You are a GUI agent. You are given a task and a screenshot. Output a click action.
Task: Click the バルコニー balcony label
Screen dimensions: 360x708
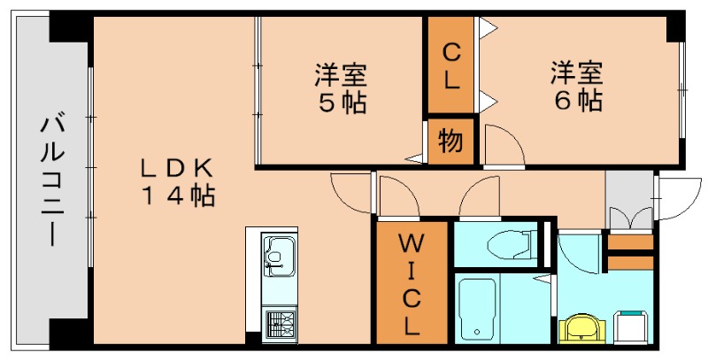tap(50, 181)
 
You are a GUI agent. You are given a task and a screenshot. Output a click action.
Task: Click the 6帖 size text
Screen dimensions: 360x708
tap(578, 100)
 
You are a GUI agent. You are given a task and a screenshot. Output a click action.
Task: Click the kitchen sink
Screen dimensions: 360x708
tap(279, 257)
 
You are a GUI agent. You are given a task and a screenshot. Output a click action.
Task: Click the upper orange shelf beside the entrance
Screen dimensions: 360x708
tap(630, 242)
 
